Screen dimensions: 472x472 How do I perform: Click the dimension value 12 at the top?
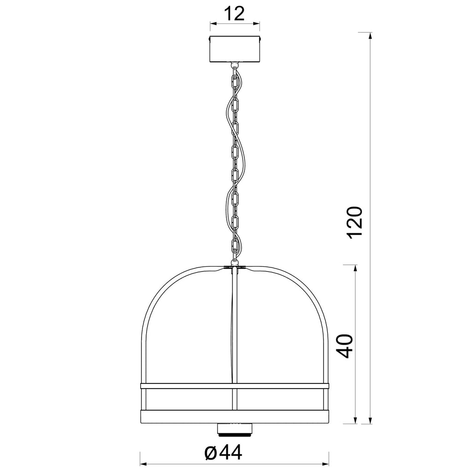(234, 13)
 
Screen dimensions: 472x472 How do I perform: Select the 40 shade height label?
(344, 346)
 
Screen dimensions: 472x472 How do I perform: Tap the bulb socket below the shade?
(235, 429)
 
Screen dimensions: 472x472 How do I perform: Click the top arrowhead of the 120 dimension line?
(371, 36)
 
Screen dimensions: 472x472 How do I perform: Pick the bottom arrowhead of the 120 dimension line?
(371, 419)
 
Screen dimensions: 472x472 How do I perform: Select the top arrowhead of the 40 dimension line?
(356, 269)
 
